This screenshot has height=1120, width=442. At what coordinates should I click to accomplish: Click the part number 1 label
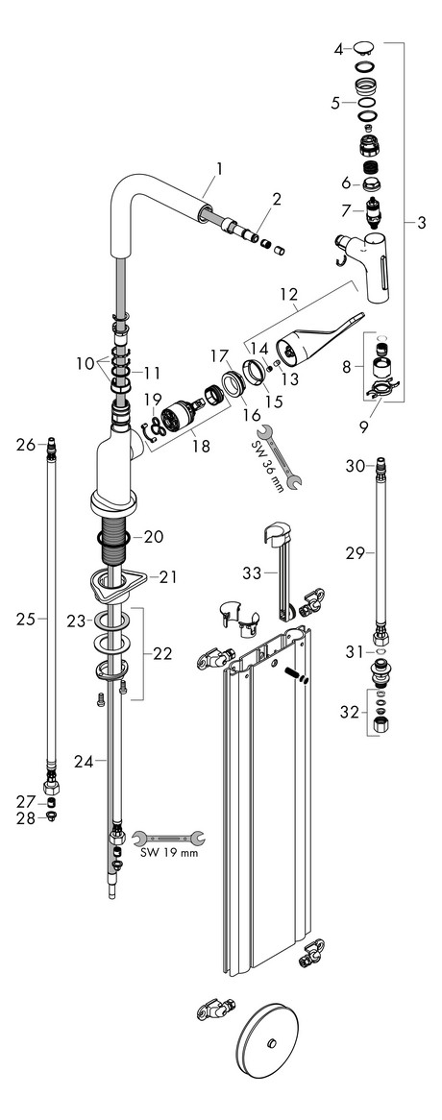click(x=219, y=169)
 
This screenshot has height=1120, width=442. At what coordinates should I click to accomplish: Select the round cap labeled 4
click(x=365, y=46)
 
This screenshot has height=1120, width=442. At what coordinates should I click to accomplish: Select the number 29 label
click(x=354, y=553)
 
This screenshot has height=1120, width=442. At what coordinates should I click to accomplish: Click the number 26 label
click(x=25, y=444)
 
